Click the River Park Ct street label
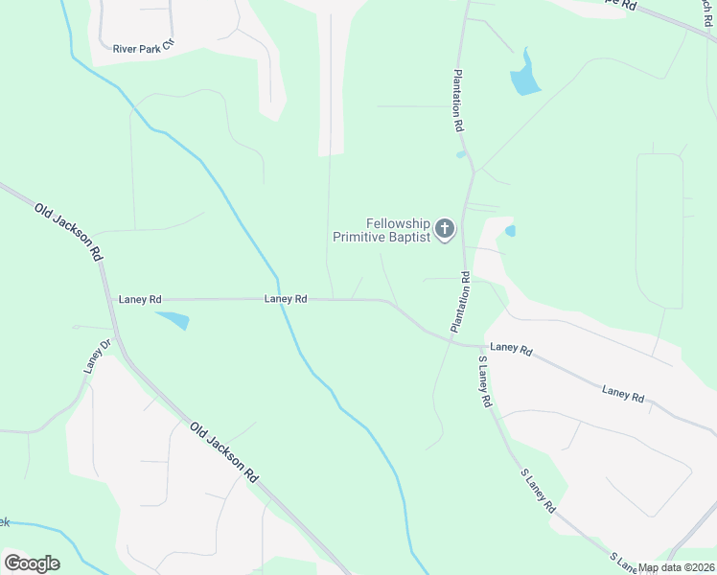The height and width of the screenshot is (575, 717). pyautogui.click(x=144, y=46)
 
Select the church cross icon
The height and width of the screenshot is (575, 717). pyautogui.click(x=444, y=229)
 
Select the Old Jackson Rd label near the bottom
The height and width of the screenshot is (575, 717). pyautogui.click(x=224, y=451)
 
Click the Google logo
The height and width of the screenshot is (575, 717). pyautogui.click(x=32, y=563)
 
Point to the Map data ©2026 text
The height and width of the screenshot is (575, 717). pyautogui.click(x=677, y=567)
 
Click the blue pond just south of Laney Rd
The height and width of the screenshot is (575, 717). pyautogui.click(x=173, y=319)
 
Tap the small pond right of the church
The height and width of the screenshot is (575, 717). pyautogui.click(x=510, y=231)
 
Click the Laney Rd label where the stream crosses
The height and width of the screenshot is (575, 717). pyautogui.click(x=286, y=299)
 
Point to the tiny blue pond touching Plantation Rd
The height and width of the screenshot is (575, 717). pyautogui.click(x=462, y=153)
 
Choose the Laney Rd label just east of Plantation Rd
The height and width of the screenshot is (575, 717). pyautogui.click(x=511, y=350)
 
